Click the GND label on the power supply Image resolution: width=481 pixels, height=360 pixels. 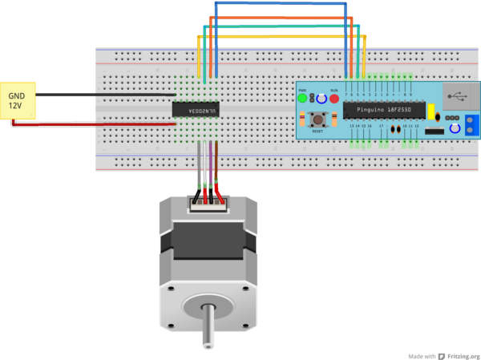point(17,95)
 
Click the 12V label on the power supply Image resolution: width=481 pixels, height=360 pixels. point(16,105)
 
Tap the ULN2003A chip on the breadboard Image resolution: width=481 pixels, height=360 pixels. point(197,109)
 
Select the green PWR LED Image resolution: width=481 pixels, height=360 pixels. point(302,99)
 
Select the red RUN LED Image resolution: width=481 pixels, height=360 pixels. point(334,99)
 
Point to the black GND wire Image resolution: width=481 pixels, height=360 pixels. point(104,95)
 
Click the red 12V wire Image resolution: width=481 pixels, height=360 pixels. point(96,124)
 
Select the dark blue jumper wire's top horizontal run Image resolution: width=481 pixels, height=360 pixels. point(281,3)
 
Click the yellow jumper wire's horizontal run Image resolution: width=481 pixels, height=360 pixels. point(281,36)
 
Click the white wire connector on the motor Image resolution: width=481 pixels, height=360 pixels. point(208,203)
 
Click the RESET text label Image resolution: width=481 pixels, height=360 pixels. point(317,131)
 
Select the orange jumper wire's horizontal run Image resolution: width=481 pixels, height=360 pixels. point(281,17)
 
